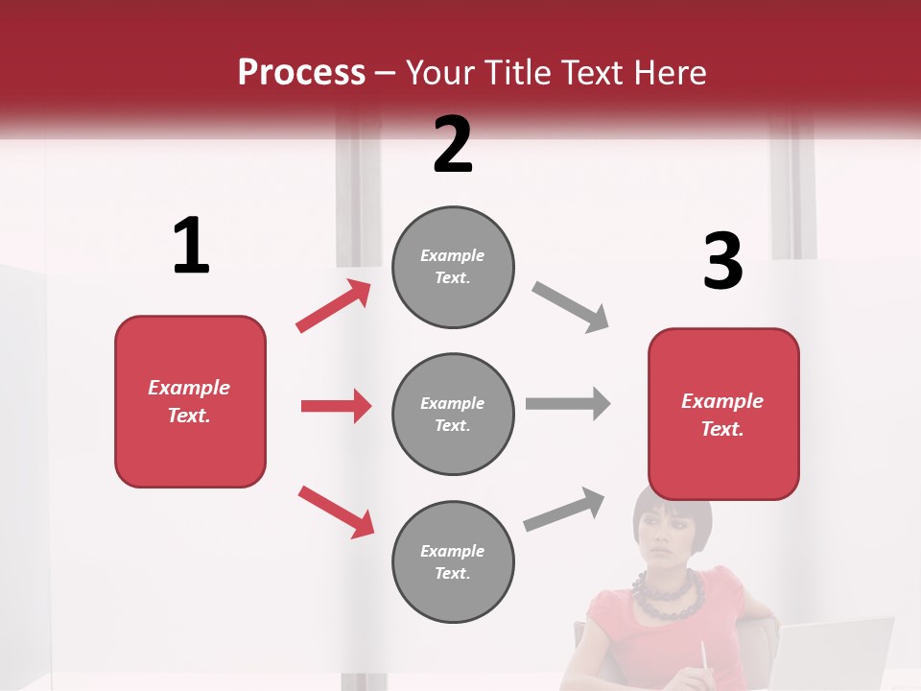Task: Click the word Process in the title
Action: pos(301,73)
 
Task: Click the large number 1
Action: pos(191,247)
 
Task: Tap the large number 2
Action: pos(453,145)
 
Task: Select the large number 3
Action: pos(722,262)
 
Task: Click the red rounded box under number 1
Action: pos(190,401)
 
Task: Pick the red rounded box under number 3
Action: pos(723,415)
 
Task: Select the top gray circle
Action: pos(453,267)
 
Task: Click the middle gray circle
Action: pos(453,415)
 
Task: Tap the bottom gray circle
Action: pos(453,562)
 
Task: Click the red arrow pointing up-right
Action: pos(334,306)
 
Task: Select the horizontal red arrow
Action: pos(336,406)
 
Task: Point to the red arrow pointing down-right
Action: pos(336,512)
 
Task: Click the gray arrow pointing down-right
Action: pos(571,307)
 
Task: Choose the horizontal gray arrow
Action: pos(568,403)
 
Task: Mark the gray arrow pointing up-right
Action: pos(565,509)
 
